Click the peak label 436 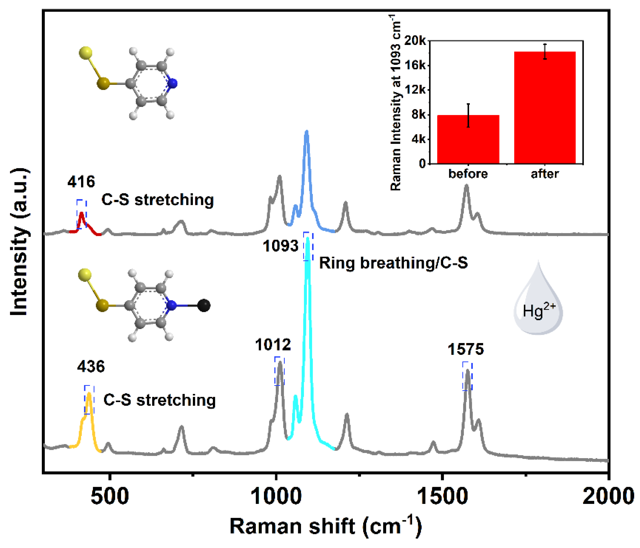click(91, 367)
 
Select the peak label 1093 click(281, 246)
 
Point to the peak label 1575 click(466, 349)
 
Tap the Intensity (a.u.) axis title click(19, 242)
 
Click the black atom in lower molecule click(203, 305)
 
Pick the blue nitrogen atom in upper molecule click(172, 83)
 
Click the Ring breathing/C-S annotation click(393, 263)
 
